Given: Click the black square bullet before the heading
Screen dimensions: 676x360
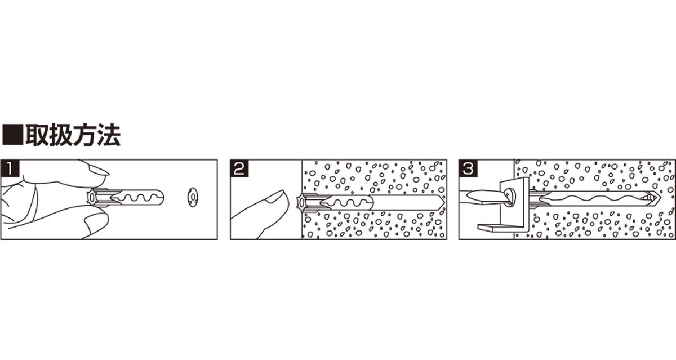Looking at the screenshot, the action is click(x=12, y=135).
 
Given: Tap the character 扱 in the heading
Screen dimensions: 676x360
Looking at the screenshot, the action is click(x=61, y=135).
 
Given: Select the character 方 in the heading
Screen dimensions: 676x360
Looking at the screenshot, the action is click(x=85, y=135).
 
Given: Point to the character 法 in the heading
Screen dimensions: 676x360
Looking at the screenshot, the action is click(x=109, y=135).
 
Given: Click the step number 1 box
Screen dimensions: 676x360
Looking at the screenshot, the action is click(x=10, y=168).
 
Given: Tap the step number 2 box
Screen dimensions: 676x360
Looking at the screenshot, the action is click(x=239, y=168).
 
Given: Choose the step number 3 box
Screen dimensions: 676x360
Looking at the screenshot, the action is click(x=468, y=168).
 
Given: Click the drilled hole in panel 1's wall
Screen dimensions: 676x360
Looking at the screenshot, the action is click(x=192, y=197).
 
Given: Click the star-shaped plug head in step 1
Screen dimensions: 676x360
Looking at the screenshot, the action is click(x=91, y=197).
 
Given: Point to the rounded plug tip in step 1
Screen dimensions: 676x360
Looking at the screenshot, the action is click(x=159, y=197).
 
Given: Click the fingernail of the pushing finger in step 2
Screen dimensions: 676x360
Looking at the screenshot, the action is click(x=275, y=196).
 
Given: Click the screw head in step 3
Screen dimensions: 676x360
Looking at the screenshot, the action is click(x=509, y=197).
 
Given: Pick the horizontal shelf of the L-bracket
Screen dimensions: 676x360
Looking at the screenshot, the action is click(x=501, y=227).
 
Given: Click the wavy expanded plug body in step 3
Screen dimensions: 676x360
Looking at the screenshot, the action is click(x=591, y=199).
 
